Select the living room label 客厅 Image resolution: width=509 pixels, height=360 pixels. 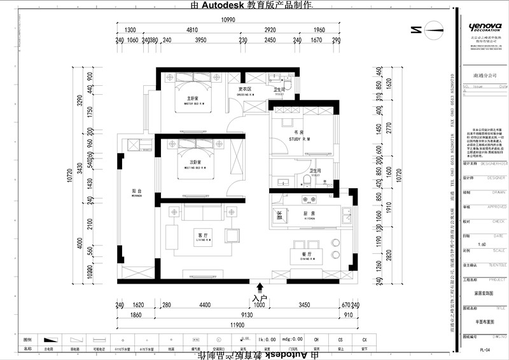pyautogui.click(x=204, y=235)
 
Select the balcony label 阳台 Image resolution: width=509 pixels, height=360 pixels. pyautogui.click(x=136, y=191)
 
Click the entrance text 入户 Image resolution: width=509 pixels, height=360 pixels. pyautogui.click(x=259, y=298)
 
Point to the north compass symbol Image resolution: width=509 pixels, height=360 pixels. pyautogui.click(x=435, y=29)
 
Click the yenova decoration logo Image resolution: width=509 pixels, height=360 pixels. pyautogui.click(x=485, y=27)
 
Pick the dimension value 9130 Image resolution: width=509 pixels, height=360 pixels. pyautogui.click(x=246, y=315)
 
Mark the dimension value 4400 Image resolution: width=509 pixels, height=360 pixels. pyautogui.click(x=204, y=305)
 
